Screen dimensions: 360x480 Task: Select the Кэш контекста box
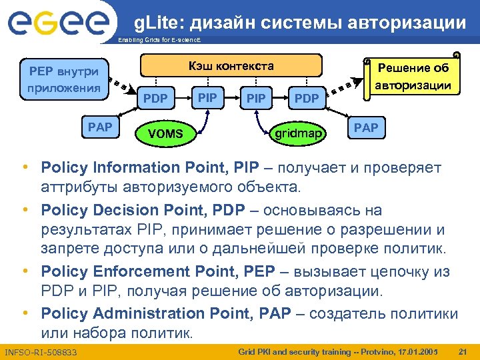coord(231,67)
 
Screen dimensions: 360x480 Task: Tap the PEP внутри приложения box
coord(64,78)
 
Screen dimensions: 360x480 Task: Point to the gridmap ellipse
coord(299,133)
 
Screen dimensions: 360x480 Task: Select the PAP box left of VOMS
coord(100,127)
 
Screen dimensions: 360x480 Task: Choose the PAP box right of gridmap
coord(365,127)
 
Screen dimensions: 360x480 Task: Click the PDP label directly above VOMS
coord(156,99)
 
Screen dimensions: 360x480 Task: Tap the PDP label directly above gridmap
coord(307,99)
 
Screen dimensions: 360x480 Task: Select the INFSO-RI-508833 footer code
coord(41,351)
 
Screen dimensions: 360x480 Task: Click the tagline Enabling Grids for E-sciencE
coord(159,41)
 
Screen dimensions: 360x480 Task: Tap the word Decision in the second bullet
coord(123,211)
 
